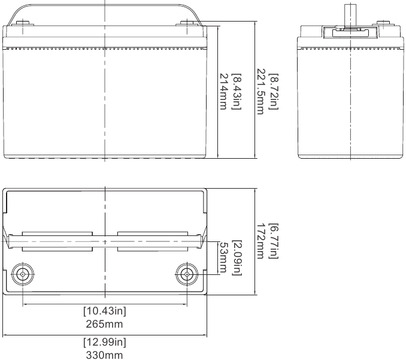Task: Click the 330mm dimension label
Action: click(x=104, y=355)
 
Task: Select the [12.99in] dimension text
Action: click(x=105, y=342)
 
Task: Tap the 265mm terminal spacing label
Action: click(x=104, y=324)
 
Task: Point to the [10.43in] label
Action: click(x=105, y=311)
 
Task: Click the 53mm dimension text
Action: click(x=223, y=258)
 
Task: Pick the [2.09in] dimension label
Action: click(x=237, y=258)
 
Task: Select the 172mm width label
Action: click(x=260, y=241)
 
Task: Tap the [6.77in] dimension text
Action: click(x=274, y=241)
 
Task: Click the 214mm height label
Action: click(x=223, y=92)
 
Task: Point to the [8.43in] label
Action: click(x=237, y=92)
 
